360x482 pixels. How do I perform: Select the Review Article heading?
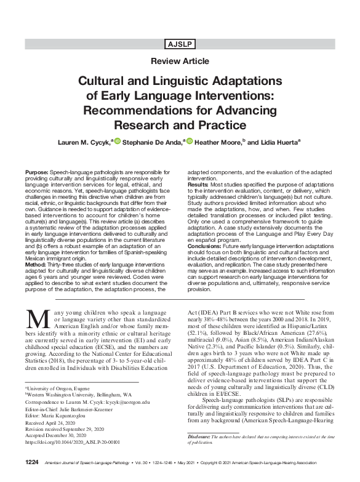tap(180, 61)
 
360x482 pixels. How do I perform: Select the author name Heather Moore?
tap(222, 142)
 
